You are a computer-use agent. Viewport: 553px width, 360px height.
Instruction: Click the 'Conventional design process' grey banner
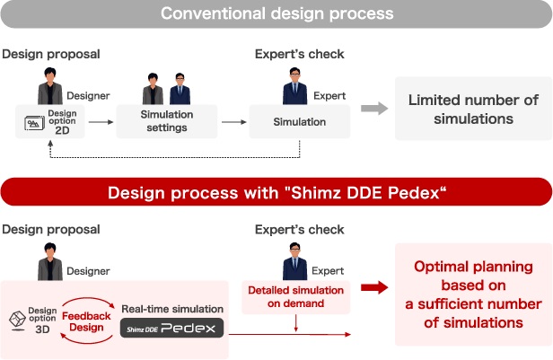coord(276,14)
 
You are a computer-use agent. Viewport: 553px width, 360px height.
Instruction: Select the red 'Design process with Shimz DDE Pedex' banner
coord(276,192)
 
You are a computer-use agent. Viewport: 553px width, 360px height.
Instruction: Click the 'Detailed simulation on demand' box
coord(295,296)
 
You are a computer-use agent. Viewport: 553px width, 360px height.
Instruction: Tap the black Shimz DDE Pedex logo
coord(172,328)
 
